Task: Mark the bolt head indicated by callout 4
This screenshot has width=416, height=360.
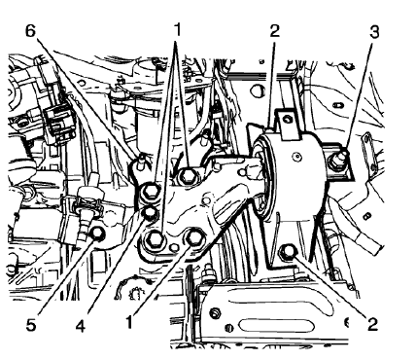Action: click(152, 214)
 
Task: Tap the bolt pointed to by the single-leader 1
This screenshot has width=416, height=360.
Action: click(194, 238)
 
